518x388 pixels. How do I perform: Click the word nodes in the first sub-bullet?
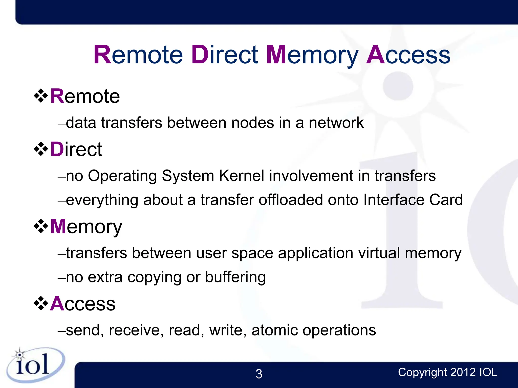tap(252, 123)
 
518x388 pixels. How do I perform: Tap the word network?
tap(336, 123)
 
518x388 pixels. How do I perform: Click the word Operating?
tap(122, 176)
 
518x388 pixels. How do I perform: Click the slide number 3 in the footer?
tap(259, 374)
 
